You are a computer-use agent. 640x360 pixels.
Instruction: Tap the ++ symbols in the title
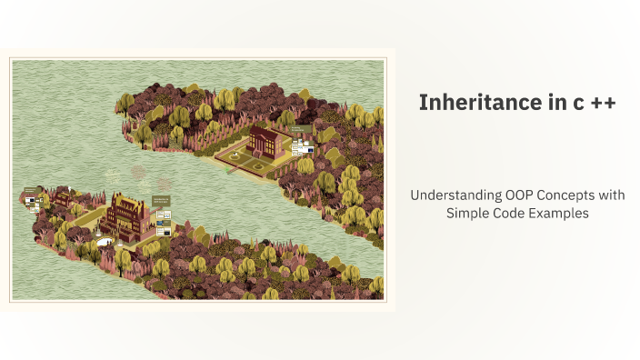coord(603,104)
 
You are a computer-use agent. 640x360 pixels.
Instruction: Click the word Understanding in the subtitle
coord(453,195)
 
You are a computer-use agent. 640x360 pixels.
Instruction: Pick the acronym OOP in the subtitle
coord(516,195)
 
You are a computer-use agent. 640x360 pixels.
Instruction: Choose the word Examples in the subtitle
coord(560,213)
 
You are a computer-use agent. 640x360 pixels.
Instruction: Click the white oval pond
coord(104,241)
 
